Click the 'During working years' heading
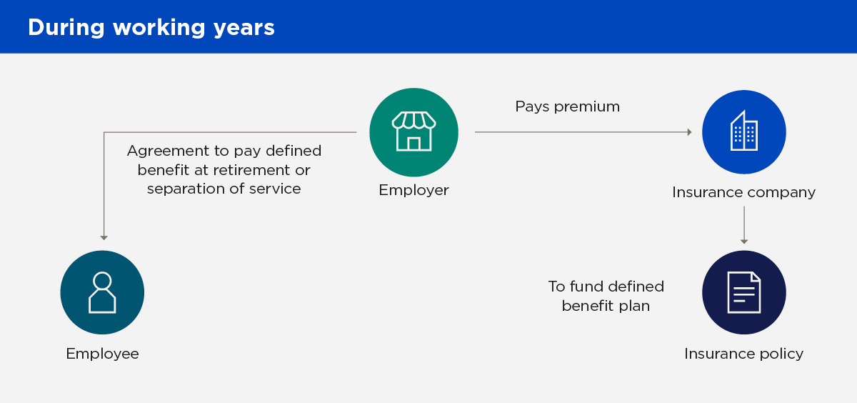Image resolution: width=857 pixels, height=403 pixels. [151, 27]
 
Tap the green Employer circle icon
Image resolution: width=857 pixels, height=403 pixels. [414, 132]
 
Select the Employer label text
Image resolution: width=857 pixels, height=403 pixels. [414, 190]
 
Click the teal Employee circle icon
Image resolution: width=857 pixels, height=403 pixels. [102, 292]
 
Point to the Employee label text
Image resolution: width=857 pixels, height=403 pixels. [102, 354]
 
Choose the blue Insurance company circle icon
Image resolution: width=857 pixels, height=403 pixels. [743, 132]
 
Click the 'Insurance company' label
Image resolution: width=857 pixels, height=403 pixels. [743, 192]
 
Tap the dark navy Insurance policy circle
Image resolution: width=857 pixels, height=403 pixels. [743, 292]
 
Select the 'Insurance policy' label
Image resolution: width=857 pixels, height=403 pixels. [743, 354]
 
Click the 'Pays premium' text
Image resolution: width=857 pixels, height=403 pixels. [567, 106]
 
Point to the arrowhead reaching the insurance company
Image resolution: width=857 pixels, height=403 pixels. [689, 132]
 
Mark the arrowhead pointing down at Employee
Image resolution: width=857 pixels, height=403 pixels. [104, 237]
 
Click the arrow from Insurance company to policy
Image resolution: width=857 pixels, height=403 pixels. [743, 225]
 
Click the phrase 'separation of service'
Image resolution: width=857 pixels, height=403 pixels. [224, 189]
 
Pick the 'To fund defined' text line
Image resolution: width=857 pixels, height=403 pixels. [606, 287]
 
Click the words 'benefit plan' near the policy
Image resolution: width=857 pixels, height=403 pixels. [606, 306]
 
